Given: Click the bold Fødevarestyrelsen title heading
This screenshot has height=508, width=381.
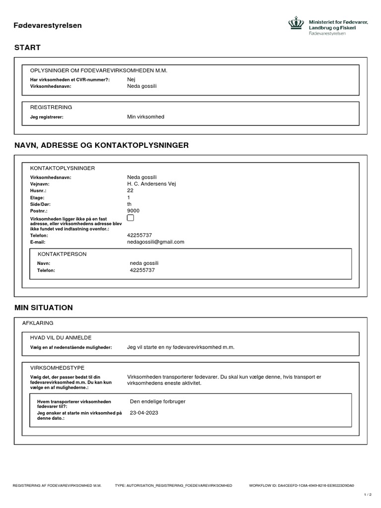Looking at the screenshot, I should [48, 25].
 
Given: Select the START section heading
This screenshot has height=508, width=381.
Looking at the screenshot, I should [27, 48].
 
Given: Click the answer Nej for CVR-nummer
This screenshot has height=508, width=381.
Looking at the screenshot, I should [131, 79].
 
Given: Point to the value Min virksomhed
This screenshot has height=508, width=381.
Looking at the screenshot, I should [145, 117].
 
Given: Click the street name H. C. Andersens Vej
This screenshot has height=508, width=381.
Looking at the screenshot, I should [151, 184].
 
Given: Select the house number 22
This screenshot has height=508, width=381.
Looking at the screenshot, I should [130, 190].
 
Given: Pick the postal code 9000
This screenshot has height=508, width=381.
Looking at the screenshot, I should [133, 211].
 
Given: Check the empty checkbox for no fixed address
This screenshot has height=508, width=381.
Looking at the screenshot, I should [130, 218].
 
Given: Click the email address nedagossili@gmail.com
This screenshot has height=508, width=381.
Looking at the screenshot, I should [156, 242].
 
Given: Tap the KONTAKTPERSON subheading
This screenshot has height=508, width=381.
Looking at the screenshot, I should [62, 254].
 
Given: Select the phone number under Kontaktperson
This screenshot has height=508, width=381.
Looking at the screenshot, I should [142, 270].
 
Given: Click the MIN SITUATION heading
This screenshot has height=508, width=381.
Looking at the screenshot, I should [44, 308].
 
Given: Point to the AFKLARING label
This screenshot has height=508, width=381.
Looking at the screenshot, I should [38, 323].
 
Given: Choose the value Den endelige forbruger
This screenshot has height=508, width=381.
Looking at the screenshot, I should [157, 401].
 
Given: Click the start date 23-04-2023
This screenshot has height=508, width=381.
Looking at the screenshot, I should [144, 413].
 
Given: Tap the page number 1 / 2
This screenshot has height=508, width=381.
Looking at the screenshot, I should [368, 495].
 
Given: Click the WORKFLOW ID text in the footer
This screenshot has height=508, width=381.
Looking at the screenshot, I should [305, 486].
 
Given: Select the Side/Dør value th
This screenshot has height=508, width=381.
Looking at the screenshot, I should [129, 204].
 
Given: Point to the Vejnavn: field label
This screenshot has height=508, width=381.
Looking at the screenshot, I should [40, 184].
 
